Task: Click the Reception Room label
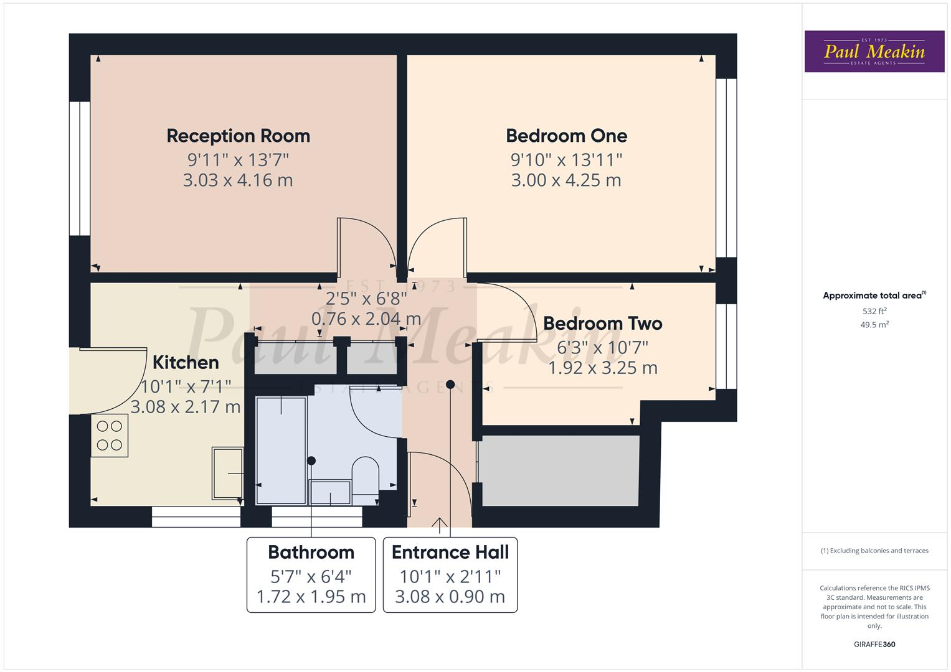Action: click(x=238, y=136)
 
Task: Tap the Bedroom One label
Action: click(x=566, y=136)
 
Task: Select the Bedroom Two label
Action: click(x=602, y=324)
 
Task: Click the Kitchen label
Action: click(x=186, y=362)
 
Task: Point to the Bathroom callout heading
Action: click(x=311, y=553)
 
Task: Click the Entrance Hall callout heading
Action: click(x=450, y=553)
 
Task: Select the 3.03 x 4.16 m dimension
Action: click(x=238, y=180)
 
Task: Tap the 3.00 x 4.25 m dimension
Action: click(x=566, y=180)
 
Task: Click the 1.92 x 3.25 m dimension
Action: click(x=602, y=368)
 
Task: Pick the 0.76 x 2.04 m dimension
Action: click(x=366, y=319)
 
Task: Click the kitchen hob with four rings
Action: click(x=110, y=436)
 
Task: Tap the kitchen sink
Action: click(x=227, y=473)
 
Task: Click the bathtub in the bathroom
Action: click(x=281, y=450)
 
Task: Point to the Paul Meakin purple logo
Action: click(x=874, y=52)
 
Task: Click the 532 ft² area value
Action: click(x=874, y=311)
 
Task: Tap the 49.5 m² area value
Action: click(x=874, y=325)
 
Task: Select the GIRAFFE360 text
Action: click(x=874, y=645)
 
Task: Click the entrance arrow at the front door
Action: click(x=440, y=526)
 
